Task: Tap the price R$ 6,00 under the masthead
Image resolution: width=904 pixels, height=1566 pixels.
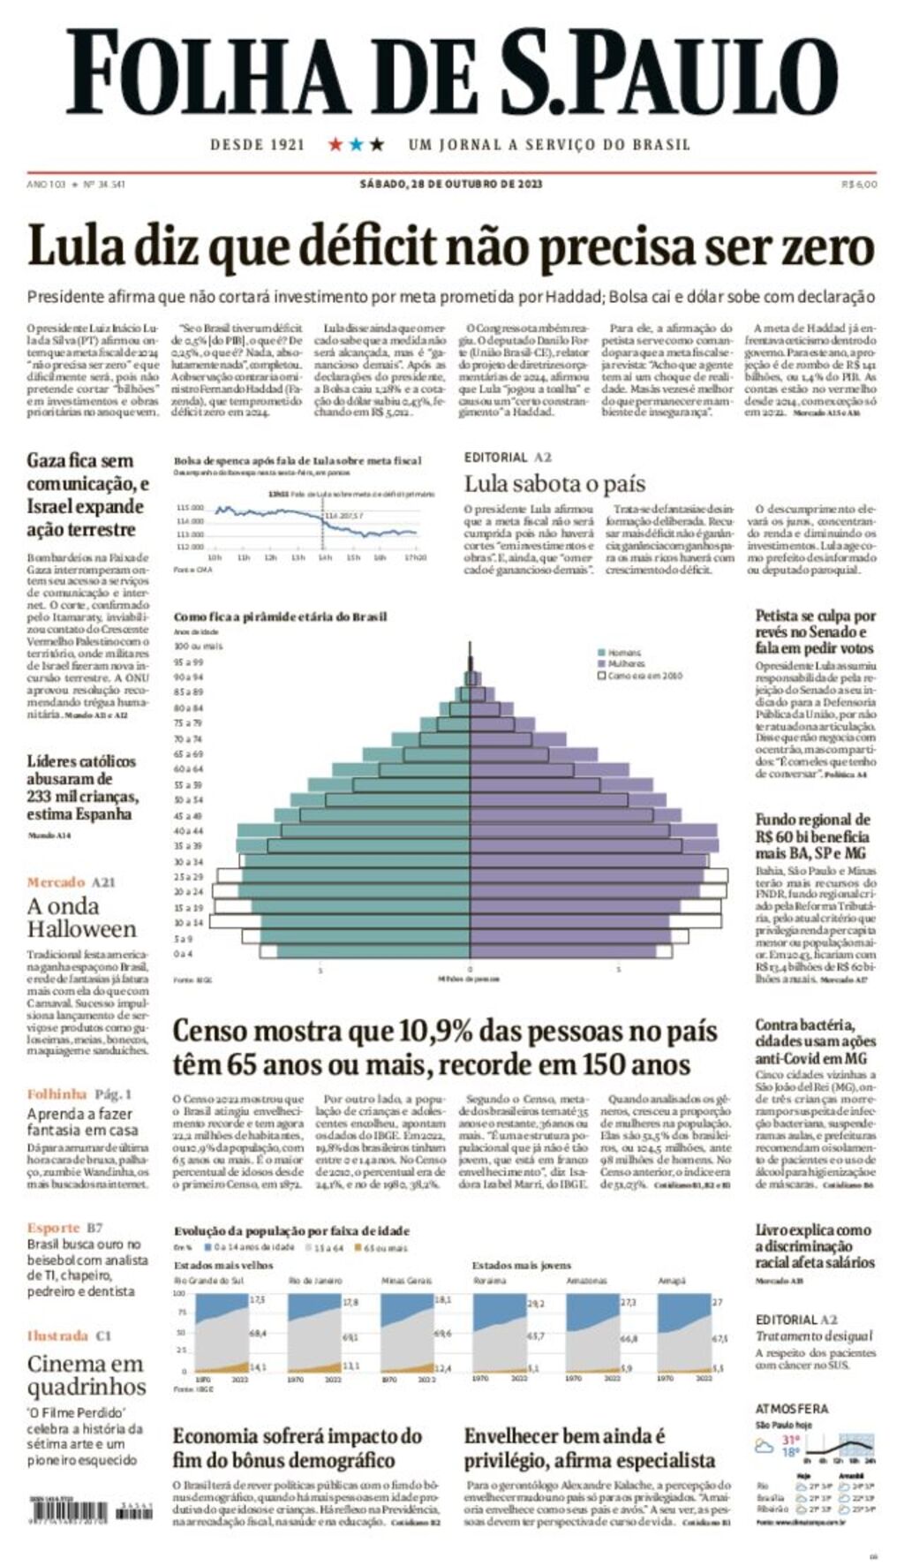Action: tap(859, 184)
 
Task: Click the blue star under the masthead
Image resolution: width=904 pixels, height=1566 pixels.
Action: tap(356, 144)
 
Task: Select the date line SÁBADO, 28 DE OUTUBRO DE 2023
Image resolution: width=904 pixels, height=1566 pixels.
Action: tap(450, 184)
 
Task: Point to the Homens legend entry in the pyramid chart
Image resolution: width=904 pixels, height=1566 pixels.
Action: tap(624, 653)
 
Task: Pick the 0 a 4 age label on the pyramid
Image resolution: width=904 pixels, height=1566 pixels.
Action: tap(183, 954)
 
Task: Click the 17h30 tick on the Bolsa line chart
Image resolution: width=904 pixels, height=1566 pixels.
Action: tap(416, 557)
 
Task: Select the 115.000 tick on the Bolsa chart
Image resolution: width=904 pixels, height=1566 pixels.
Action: tap(190, 508)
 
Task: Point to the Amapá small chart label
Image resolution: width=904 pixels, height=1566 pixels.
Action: tap(671, 1280)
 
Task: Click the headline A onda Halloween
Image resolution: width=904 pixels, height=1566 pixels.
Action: tap(81, 918)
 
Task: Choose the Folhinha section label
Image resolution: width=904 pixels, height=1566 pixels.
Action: tap(56, 1093)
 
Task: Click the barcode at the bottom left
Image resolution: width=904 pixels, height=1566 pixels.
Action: tap(78, 1511)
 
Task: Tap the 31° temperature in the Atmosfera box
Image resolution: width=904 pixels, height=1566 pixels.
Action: tap(790, 1441)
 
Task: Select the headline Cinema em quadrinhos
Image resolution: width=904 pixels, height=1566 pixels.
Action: tap(86, 1375)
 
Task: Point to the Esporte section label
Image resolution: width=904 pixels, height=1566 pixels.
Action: tap(53, 1228)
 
